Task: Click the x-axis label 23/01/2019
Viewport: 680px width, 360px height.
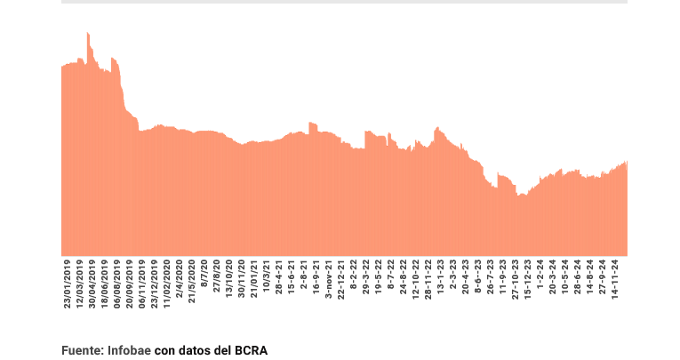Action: tap(68, 284)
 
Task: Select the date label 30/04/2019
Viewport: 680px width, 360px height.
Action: tap(92, 284)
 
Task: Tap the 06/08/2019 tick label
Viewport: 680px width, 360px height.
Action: tap(117, 284)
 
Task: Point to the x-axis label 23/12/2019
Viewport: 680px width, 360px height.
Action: tap(155, 284)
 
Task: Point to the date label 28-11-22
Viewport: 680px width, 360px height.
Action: tap(428, 281)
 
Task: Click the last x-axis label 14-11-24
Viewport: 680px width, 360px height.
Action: tap(613, 280)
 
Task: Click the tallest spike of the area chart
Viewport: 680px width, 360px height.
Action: tap(88, 35)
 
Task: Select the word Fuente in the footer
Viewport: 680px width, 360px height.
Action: tap(81, 350)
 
